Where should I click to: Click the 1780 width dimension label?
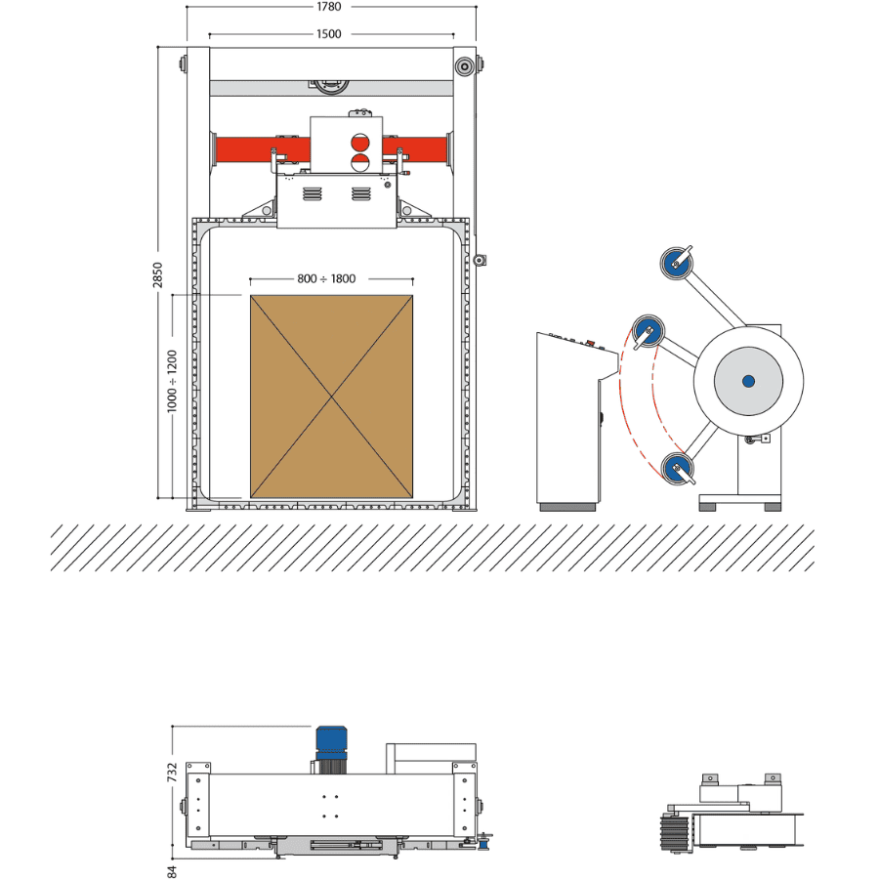click(x=329, y=7)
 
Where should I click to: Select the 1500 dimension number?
click(x=329, y=34)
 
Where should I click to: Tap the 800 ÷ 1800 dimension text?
click(x=326, y=279)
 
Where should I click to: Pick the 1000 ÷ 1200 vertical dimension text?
click(x=172, y=380)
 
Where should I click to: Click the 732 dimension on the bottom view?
click(x=172, y=773)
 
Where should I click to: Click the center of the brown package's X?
click(x=331, y=396)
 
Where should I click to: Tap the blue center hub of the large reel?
click(x=748, y=380)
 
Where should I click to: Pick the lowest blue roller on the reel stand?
click(x=675, y=470)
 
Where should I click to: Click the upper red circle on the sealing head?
click(x=359, y=143)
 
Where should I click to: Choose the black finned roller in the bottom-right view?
click(x=674, y=834)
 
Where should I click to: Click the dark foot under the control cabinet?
click(x=567, y=506)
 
